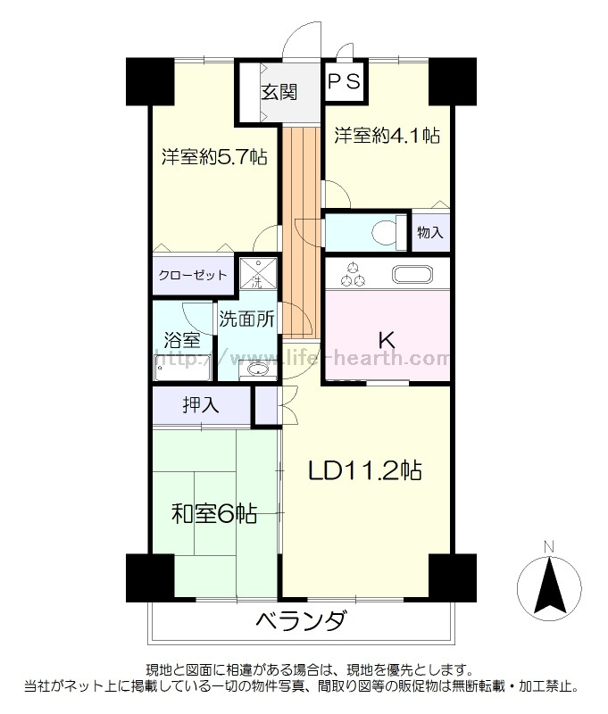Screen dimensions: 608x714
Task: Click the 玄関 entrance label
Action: point(279,92)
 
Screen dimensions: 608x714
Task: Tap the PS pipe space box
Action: point(345,82)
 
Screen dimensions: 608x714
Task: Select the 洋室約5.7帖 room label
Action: point(214,157)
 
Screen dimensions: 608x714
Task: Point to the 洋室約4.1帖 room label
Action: point(387,136)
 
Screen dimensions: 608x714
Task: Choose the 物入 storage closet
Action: point(430,232)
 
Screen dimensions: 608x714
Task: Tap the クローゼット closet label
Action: point(192,275)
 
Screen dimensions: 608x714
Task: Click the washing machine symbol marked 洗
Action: point(258,273)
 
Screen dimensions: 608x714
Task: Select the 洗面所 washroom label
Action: point(246,320)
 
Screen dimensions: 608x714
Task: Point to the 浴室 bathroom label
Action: point(182,339)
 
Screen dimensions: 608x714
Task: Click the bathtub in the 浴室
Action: point(182,367)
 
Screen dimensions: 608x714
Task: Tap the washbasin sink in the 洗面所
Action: point(258,369)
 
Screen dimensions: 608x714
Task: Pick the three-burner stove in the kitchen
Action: point(353,276)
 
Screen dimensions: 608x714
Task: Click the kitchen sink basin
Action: point(412,275)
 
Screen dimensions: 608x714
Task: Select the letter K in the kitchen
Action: point(387,339)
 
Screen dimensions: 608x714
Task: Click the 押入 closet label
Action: point(201,405)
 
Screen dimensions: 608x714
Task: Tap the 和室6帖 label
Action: point(214,514)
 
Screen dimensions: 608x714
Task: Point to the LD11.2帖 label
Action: point(365,471)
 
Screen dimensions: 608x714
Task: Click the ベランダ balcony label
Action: point(302,620)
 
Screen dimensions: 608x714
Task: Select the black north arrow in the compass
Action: point(550,585)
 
